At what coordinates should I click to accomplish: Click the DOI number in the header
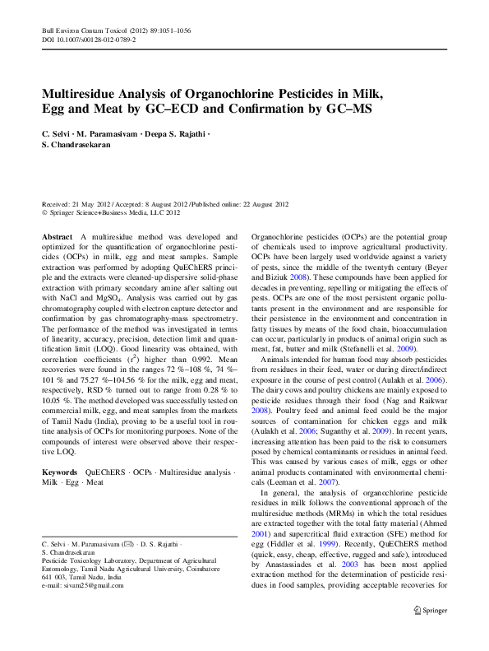click(97, 39)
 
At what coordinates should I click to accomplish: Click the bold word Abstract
click(57, 236)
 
